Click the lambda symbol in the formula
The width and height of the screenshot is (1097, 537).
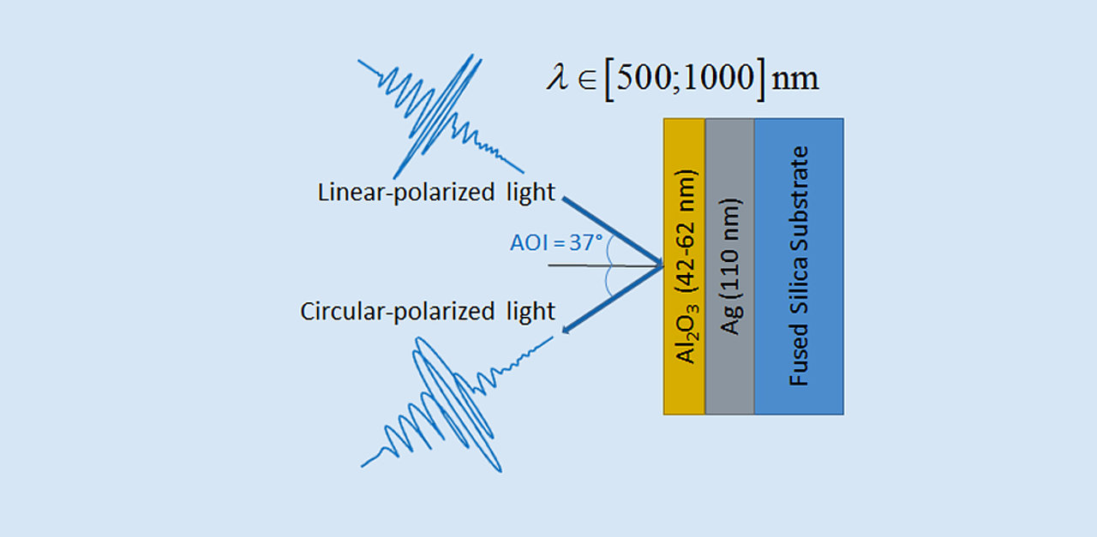[x=557, y=78]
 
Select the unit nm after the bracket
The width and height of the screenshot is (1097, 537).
[x=795, y=80]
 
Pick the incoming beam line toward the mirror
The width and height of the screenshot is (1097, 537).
[x=612, y=231]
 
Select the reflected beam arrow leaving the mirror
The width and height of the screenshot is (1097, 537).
[x=610, y=298]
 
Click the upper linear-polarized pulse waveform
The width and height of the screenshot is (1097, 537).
[x=438, y=116]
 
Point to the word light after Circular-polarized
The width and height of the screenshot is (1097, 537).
[x=530, y=311]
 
